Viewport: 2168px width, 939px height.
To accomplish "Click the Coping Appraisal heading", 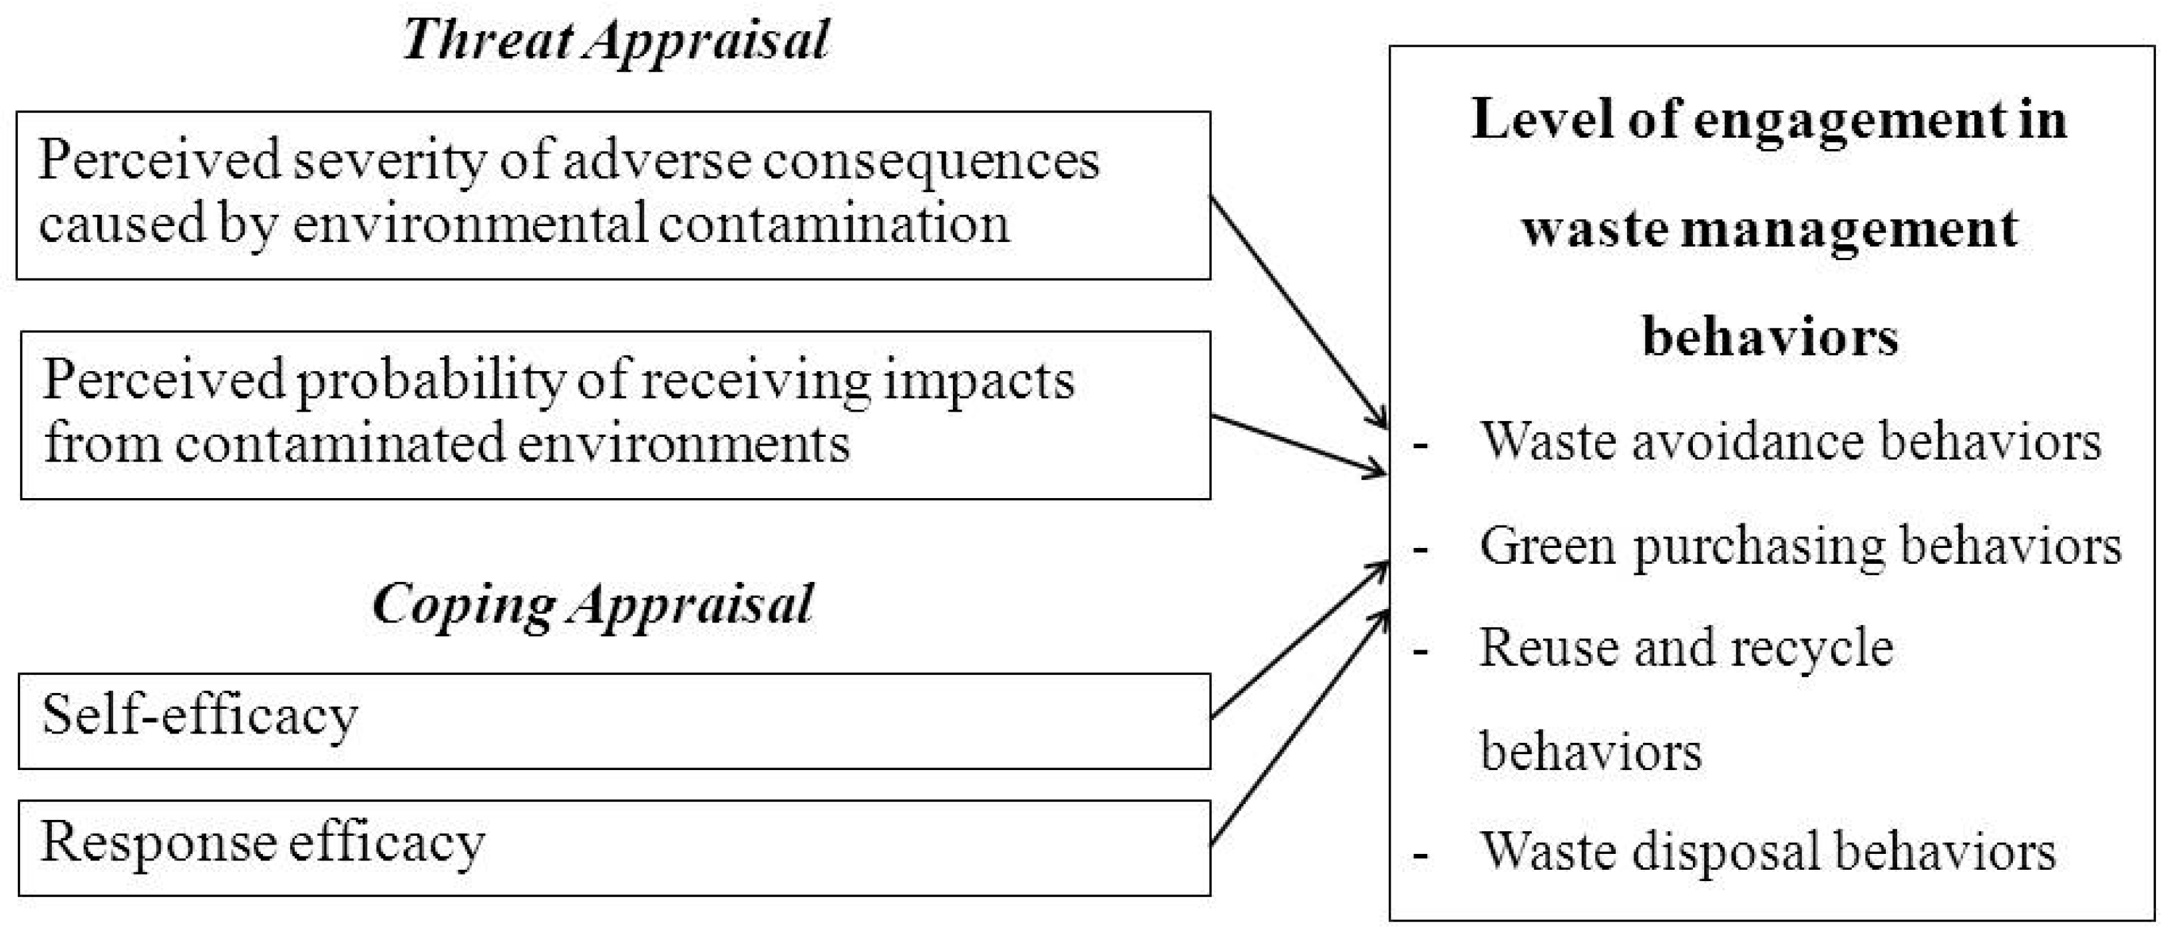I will point(592,604).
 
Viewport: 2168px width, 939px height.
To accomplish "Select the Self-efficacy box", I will point(614,721).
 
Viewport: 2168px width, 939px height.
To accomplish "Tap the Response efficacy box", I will point(614,848).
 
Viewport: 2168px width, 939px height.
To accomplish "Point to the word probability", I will point(431,380).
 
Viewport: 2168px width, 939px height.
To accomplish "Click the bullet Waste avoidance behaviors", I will point(1790,441).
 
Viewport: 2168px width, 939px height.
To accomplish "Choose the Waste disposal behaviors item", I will point(1767,851).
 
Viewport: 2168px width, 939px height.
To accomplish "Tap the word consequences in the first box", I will point(931,160).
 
